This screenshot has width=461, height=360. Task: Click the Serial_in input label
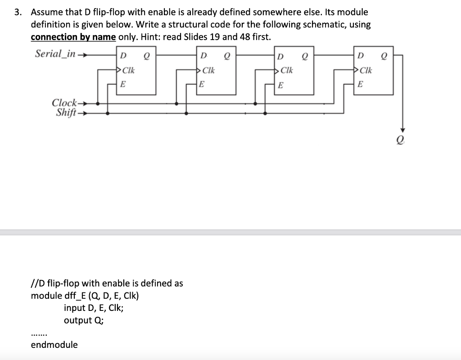coord(55,54)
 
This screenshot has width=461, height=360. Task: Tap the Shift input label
coord(66,113)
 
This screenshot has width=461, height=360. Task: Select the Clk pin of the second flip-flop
coord(208,70)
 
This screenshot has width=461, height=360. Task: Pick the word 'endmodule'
coord(54,345)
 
